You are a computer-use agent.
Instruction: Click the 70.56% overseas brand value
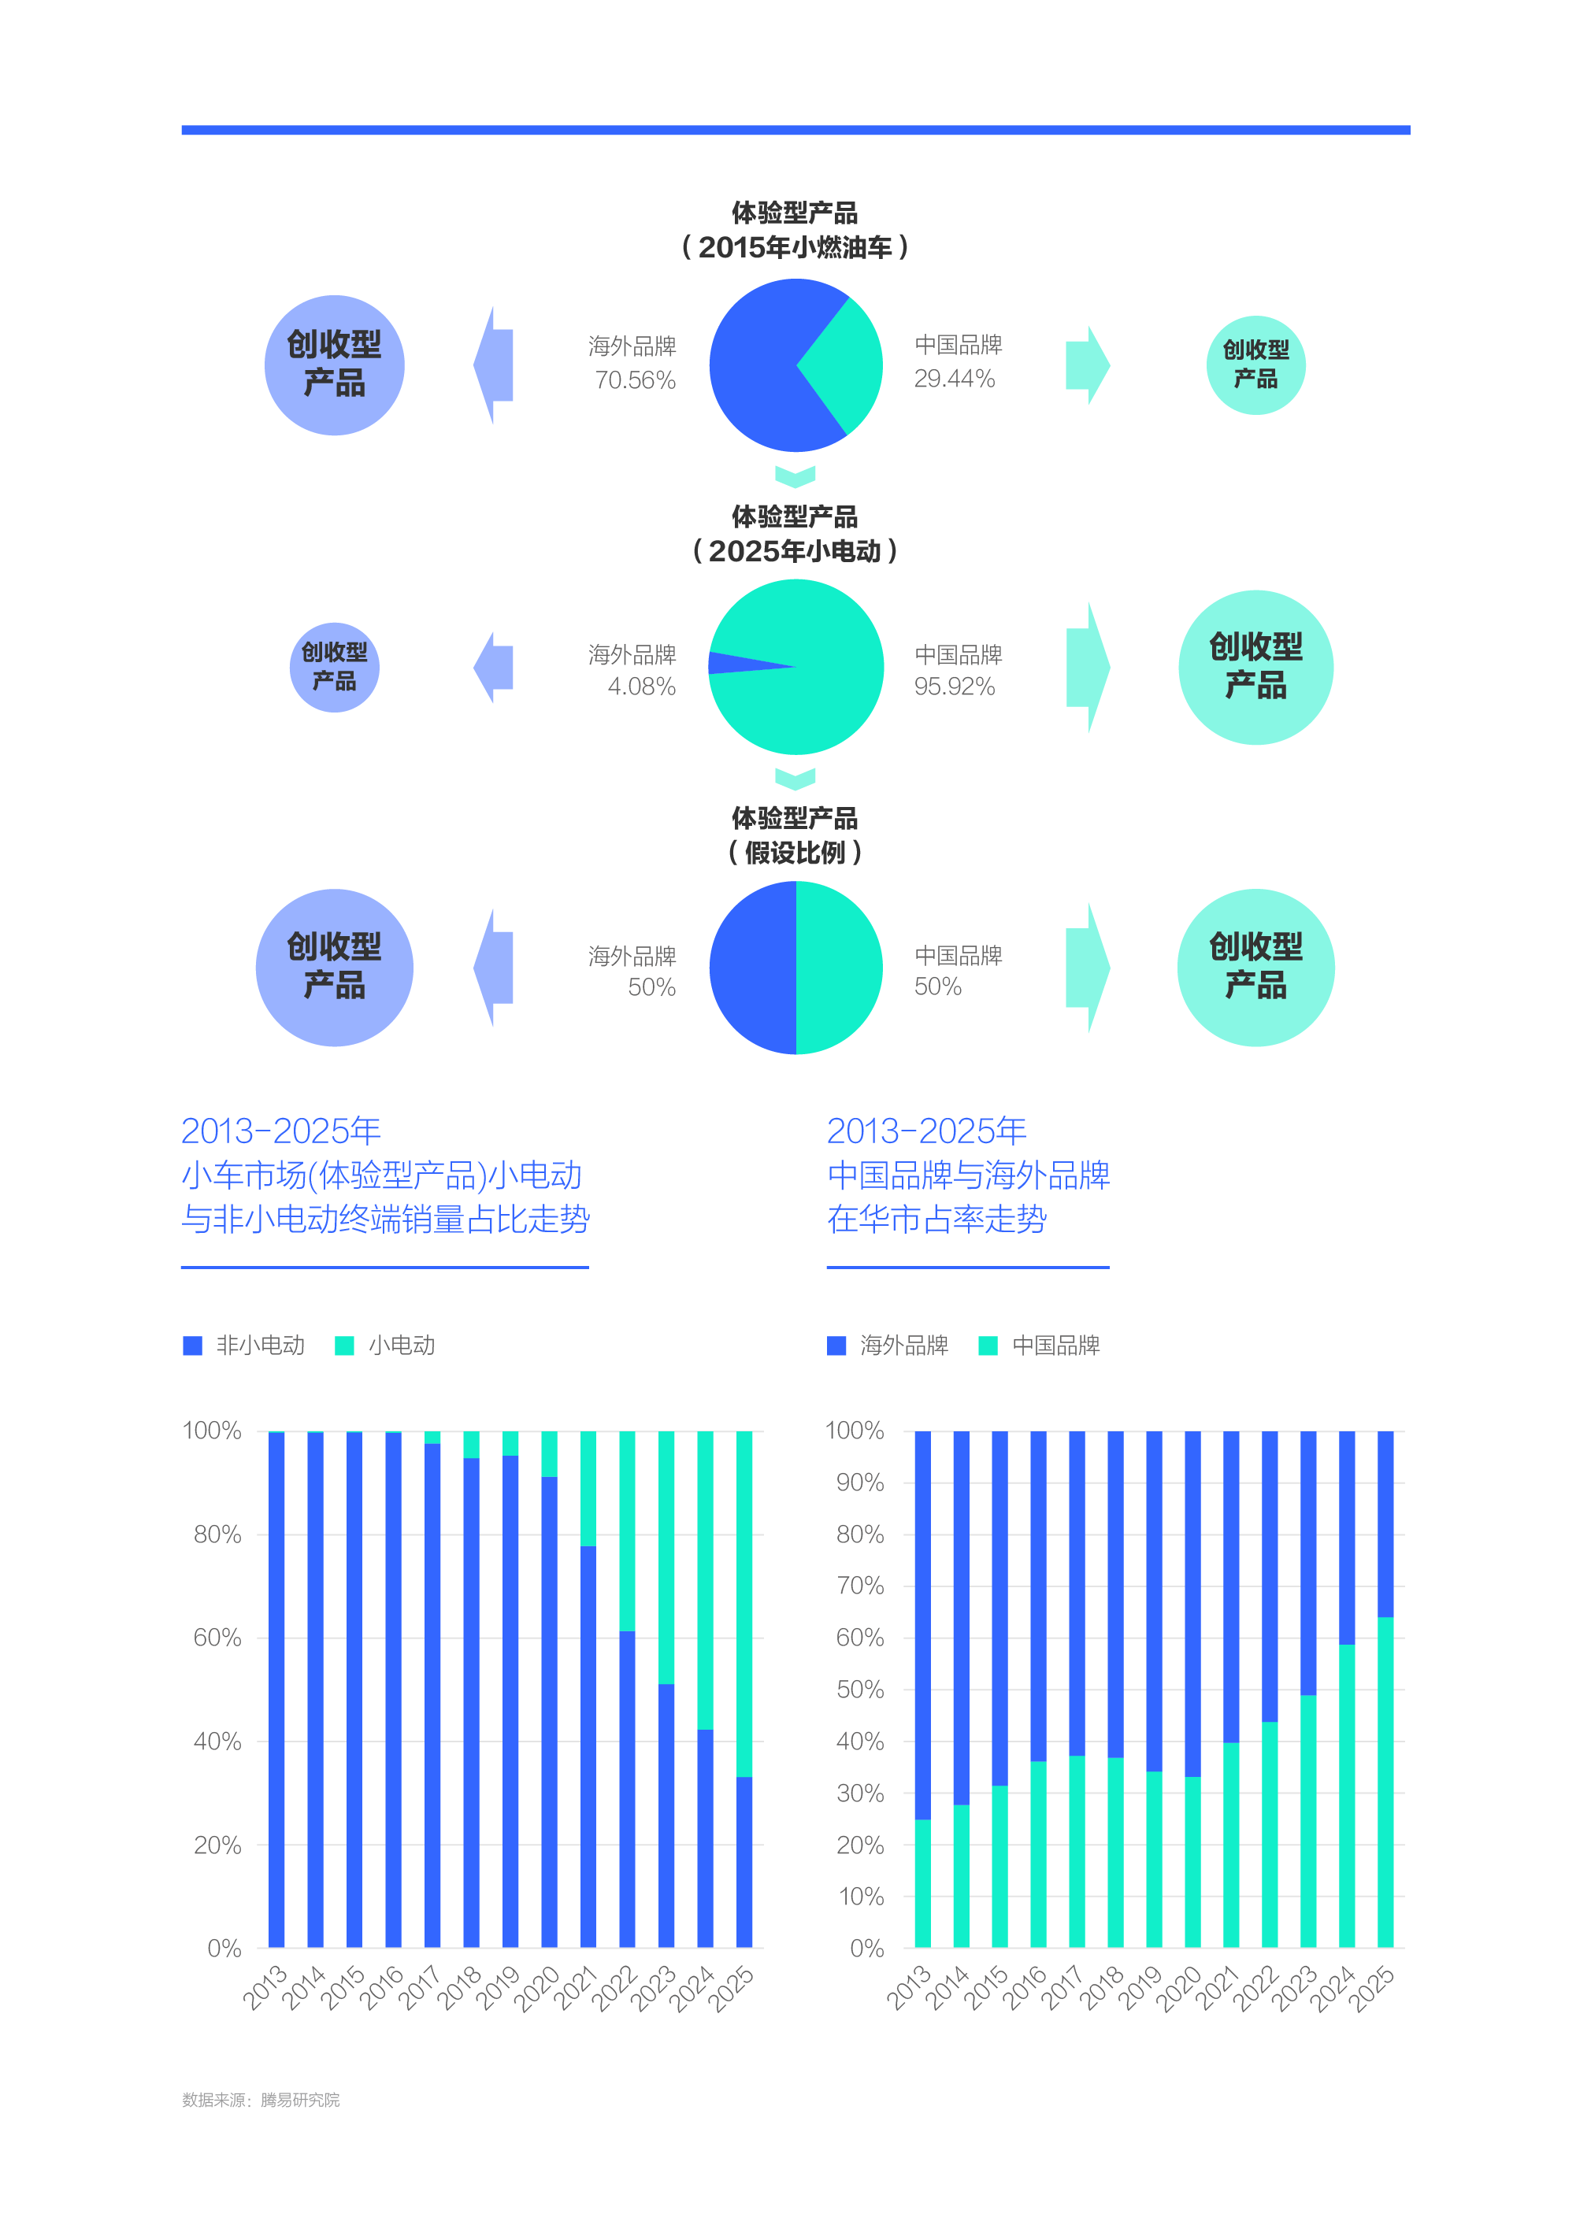tap(635, 380)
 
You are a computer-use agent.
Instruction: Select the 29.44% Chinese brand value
tap(955, 379)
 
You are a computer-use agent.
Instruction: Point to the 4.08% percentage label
tap(642, 687)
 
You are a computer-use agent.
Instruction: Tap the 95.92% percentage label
tap(955, 687)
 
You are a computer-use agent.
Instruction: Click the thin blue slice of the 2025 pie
tap(735, 663)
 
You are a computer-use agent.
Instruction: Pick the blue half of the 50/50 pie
tap(752, 968)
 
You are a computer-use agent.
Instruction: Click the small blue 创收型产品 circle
tap(334, 667)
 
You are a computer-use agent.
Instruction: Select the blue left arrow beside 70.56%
tap(495, 365)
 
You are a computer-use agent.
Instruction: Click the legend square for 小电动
tap(344, 1345)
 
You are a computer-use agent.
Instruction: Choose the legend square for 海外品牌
tap(836, 1345)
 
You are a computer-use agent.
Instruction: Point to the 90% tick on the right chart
tap(859, 1482)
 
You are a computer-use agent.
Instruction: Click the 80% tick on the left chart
tap(217, 1534)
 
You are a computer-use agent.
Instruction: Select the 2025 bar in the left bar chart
tap(744, 1689)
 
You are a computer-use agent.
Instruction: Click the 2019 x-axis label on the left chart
tap(499, 1988)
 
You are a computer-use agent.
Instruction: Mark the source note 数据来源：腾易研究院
tap(261, 2100)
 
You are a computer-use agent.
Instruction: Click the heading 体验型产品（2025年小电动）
tap(795, 534)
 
